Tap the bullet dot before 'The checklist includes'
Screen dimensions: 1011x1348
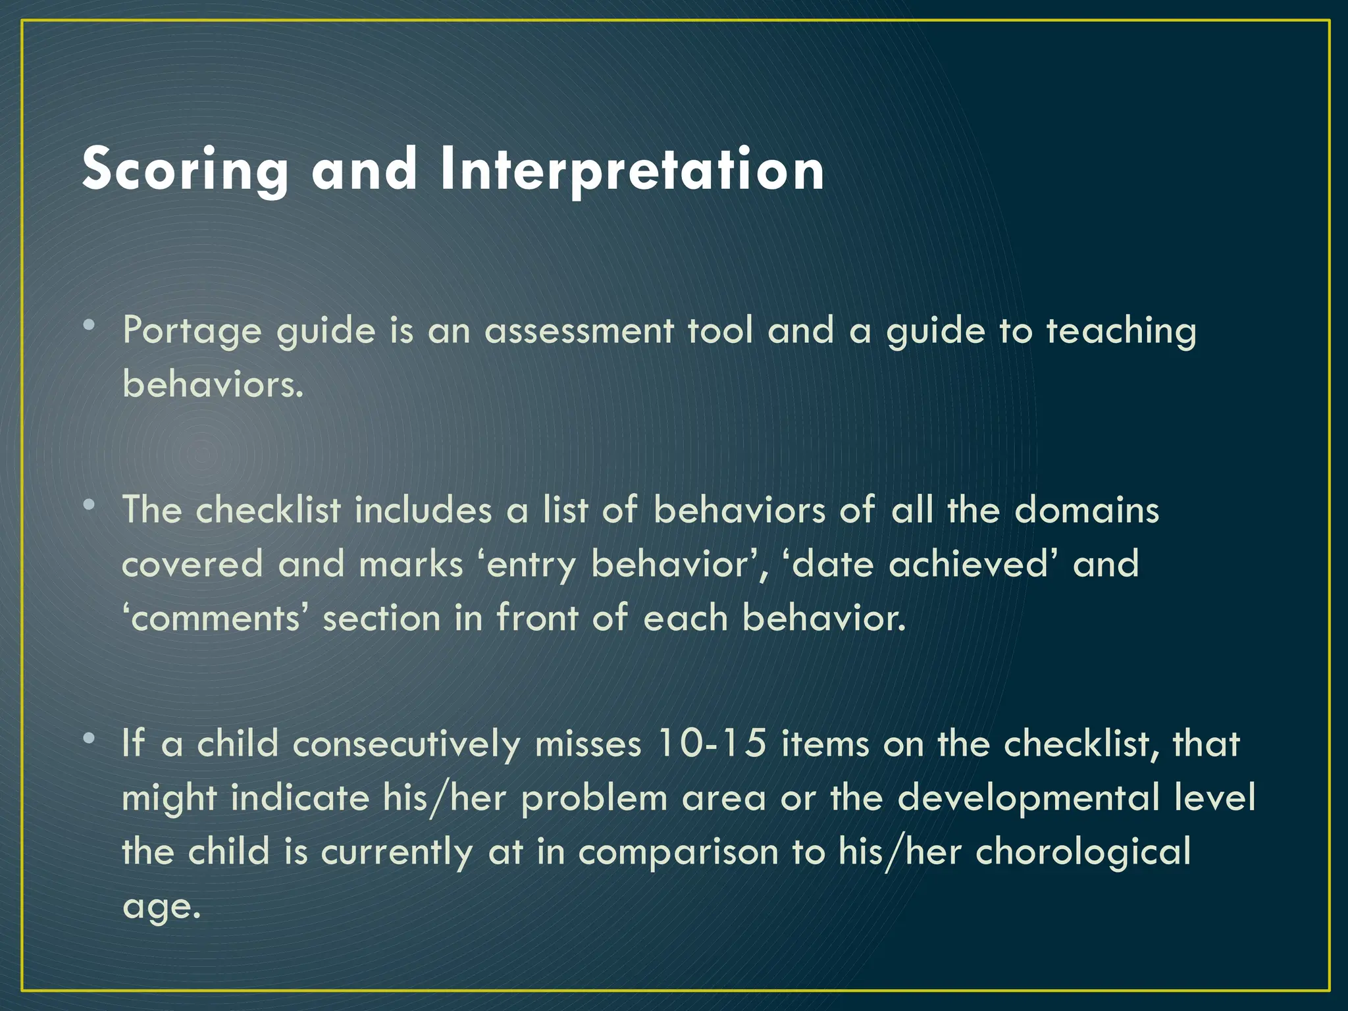[x=89, y=505]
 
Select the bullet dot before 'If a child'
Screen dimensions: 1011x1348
[x=89, y=738]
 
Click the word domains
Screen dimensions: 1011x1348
[x=1087, y=510]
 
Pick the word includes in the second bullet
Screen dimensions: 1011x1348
[x=423, y=510]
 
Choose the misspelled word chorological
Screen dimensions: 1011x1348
[x=1083, y=852]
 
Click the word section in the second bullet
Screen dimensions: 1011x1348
[x=381, y=619]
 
